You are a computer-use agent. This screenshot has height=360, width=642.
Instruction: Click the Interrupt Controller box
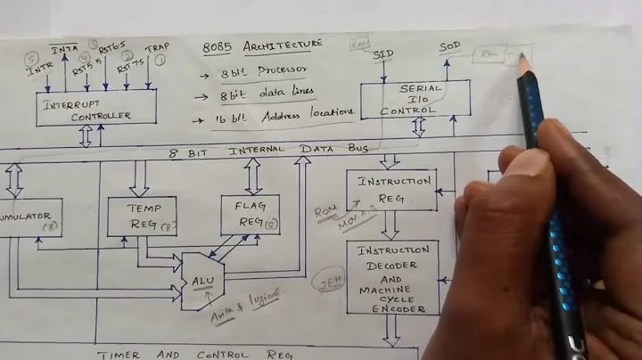tap(97, 107)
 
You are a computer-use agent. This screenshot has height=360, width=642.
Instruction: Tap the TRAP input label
tap(156, 47)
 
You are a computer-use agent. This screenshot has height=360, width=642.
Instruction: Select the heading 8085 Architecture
tap(262, 44)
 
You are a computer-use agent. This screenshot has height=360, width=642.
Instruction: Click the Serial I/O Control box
tap(415, 99)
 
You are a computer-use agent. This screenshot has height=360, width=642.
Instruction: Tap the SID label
tap(383, 54)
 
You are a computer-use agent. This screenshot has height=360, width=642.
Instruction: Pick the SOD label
tap(450, 47)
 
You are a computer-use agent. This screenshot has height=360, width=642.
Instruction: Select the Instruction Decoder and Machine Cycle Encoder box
tap(392, 277)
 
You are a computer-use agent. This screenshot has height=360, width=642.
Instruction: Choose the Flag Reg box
tap(250, 215)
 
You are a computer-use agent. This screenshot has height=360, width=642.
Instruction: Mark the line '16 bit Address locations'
tap(276, 113)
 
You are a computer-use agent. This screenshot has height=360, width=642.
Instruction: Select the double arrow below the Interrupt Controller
tap(86, 136)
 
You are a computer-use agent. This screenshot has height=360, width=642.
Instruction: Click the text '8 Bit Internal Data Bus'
tap(268, 151)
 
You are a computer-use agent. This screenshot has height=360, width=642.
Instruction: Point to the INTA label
tap(64, 47)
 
